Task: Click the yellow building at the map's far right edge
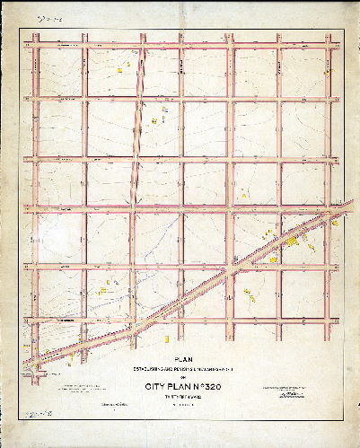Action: [x=335, y=224]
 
